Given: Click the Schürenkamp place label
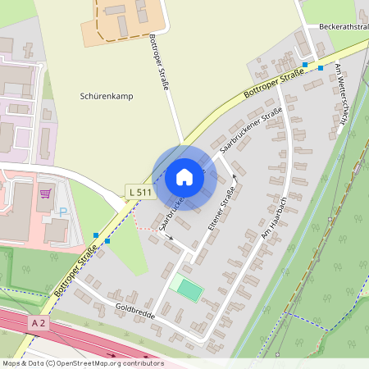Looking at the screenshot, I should [x=107, y=96].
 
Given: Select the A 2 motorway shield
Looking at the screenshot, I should [x=38, y=324].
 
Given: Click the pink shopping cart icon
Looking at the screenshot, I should [x=45, y=194].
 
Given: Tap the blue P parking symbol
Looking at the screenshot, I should [x=62, y=212].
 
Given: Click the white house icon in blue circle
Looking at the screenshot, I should [x=184, y=177].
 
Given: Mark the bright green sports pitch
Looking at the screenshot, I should [x=189, y=289].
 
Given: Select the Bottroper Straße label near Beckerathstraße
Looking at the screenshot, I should [x=276, y=84].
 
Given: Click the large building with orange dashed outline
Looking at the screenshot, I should [x=123, y=18].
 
